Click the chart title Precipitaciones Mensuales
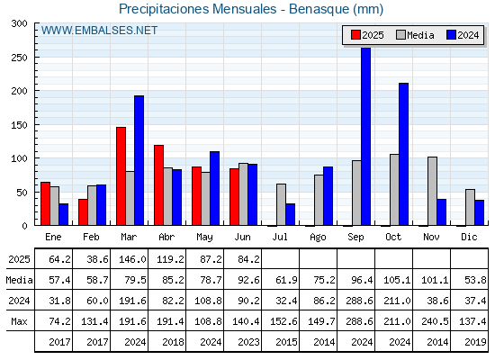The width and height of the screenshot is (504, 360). point(197,9)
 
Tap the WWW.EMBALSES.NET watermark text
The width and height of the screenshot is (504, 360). point(99,31)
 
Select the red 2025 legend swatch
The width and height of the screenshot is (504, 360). point(355,35)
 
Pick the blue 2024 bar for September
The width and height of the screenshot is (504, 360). point(365,137)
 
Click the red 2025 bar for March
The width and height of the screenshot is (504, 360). point(121,176)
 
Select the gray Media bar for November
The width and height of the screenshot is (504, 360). point(432,191)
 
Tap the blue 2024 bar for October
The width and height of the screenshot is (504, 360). point(404,154)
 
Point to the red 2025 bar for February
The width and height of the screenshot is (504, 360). point(83,212)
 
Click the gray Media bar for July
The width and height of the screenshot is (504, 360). point(281,205)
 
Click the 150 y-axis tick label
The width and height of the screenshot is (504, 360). point(20,125)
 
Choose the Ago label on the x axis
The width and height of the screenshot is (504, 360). point(318,238)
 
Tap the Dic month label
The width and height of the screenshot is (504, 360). point(469,238)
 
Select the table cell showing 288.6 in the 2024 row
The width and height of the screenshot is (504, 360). point(359,301)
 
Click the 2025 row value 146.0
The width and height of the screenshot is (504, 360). point(132,259)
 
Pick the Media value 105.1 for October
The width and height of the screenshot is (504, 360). point(397,280)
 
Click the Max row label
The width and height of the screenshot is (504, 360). point(19,321)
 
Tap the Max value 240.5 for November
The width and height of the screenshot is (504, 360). point(435,321)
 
